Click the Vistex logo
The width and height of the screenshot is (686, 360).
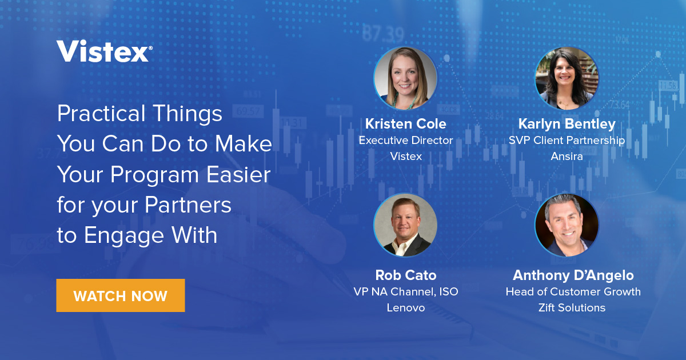[x=104, y=51]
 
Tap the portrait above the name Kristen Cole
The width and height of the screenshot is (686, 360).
[x=405, y=78]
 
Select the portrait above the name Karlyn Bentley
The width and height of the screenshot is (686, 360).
[x=567, y=78]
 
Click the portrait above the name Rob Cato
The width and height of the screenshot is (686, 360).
[x=405, y=225]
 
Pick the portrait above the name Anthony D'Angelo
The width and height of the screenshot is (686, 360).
[x=567, y=225]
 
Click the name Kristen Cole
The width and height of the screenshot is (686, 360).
[x=405, y=124]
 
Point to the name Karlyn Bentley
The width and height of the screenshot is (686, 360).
[x=567, y=124]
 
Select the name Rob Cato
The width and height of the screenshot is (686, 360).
[x=405, y=275]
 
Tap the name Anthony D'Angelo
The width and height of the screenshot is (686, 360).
[x=573, y=275]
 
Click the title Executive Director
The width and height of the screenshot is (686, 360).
[x=405, y=140]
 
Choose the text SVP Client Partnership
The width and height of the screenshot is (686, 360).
[x=567, y=140]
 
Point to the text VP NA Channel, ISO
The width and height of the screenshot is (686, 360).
[x=405, y=292]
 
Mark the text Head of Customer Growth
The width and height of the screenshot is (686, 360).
[x=573, y=292]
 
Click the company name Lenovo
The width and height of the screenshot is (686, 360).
[x=405, y=308]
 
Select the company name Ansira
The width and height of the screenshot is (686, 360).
[x=567, y=156]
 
